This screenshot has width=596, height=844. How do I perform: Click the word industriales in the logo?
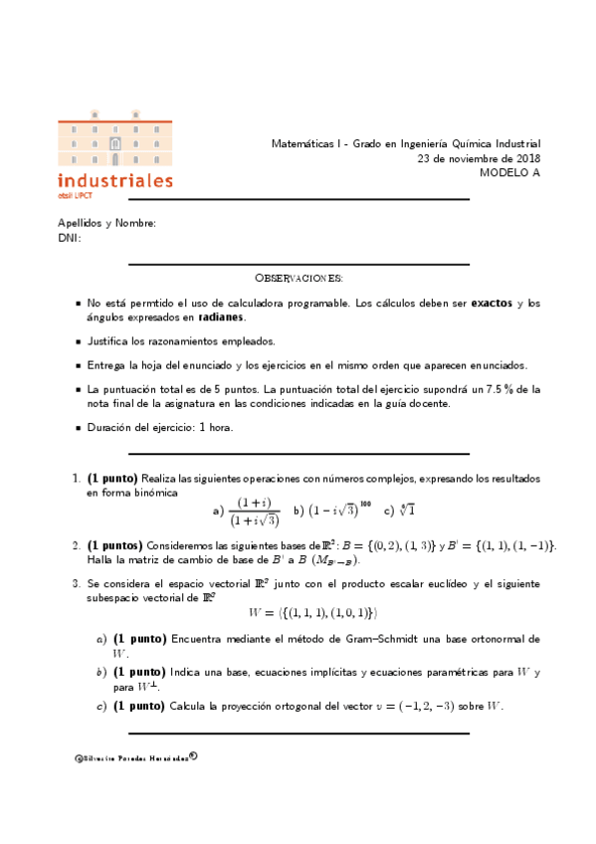(115, 181)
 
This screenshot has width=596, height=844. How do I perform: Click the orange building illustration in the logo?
(115, 142)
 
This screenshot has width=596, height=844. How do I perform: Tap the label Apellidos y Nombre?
(106, 223)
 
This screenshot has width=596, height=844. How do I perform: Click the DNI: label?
(70, 237)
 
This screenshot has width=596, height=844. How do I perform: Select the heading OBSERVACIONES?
(298, 277)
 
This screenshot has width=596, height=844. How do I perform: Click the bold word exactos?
(493, 303)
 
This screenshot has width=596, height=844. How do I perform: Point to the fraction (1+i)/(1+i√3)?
(254, 512)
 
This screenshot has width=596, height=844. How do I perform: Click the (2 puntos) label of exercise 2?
(114, 545)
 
